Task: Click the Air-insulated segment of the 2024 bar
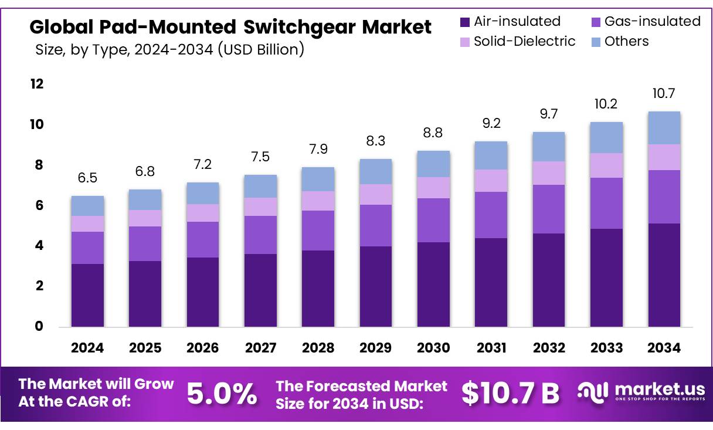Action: [x=87, y=295]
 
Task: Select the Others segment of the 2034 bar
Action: [x=664, y=128]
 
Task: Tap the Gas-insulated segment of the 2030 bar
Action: [x=433, y=220]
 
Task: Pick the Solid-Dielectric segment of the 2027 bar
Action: [x=260, y=206]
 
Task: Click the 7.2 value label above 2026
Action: [x=203, y=164]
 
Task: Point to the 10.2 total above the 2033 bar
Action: [x=606, y=104]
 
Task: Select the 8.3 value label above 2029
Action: [x=376, y=141]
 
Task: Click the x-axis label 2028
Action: [x=318, y=348]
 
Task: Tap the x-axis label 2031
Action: [x=491, y=348]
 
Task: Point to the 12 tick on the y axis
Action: [x=36, y=84]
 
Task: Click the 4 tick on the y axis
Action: [x=39, y=246]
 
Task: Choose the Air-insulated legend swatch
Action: [x=465, y=22]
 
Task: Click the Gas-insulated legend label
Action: [x=652, y=22]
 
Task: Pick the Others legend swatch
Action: [x=595, y=42]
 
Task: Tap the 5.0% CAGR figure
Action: [x=222, y=394]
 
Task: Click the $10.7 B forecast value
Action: [x=510, y=394]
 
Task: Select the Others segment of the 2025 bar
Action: [x=145, y=199]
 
